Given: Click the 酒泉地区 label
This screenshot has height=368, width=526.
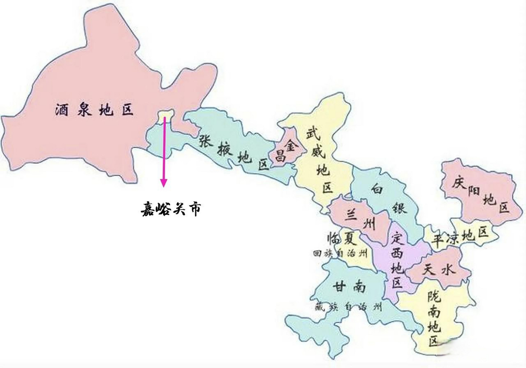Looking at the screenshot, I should (94, 110).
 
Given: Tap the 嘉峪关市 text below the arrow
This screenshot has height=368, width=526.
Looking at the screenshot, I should (171, 209).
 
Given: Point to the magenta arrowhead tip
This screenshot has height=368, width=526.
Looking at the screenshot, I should (164, 186).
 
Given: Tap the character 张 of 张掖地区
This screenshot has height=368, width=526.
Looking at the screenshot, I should (206, 140).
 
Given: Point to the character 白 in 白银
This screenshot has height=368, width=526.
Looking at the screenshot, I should (377, 189).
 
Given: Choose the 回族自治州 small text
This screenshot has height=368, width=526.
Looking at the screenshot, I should (340, 254).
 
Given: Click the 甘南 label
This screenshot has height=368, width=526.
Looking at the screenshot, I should (349, 287).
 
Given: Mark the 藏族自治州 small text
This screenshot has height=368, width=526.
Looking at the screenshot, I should (348, 307).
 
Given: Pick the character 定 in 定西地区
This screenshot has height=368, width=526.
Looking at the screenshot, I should (398, 237).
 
